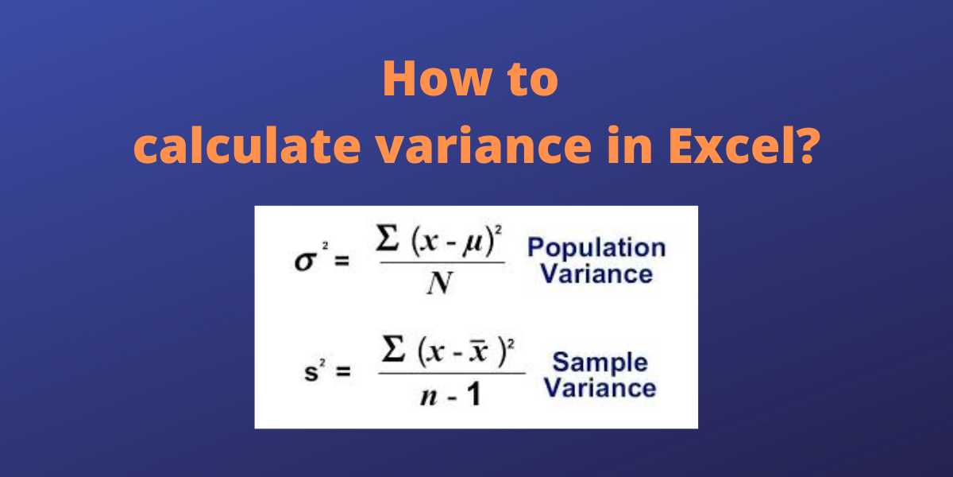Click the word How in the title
438,79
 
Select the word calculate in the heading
247,145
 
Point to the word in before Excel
630,145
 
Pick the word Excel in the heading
730,145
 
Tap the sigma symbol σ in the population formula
306,261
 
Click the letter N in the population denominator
439,283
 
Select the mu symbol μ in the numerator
473,244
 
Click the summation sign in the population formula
388,238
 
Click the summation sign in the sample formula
393,348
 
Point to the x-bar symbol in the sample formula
479,351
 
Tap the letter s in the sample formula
311,372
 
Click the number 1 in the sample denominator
474,394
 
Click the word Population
596,248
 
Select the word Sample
600,363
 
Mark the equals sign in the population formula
341,260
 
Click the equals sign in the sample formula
343,371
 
